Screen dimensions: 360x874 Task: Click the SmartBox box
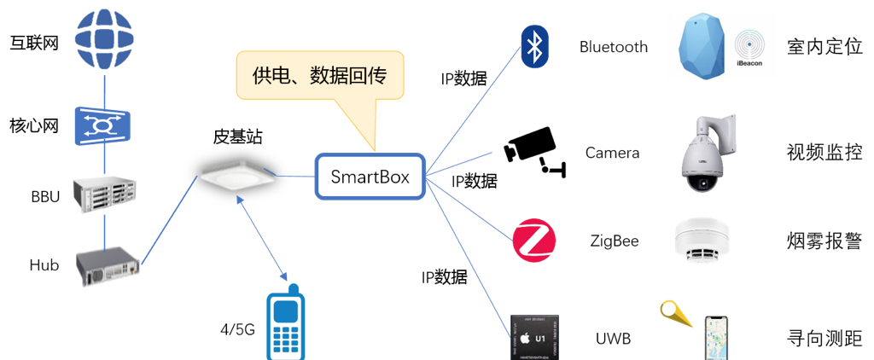click(x=370, y=177)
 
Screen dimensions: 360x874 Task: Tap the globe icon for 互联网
click(x=104, y=40)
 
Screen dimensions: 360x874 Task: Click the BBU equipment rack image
click(x=104, y=194)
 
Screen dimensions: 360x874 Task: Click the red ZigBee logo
click(x=534, y=241)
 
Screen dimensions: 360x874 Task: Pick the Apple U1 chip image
click(x=535, y=337)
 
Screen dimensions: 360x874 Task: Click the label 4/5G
click(x=238, y=329)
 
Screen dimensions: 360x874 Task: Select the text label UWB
click(x=613, y=339)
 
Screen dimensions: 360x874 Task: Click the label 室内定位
click(x=824, y=47)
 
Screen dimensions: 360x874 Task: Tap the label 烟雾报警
click(x=824, y=241)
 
